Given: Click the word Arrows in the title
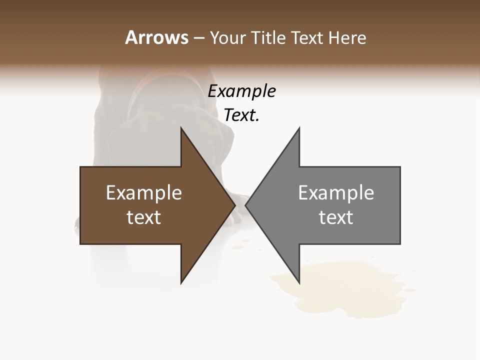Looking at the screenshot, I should tap(156, 37).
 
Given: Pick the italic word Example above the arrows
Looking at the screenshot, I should tap(241, 91).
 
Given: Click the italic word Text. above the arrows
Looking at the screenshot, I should tap(241, 115).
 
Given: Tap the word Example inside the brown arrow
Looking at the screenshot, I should tap(144, 193).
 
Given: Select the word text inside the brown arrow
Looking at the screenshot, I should tap(144, 217).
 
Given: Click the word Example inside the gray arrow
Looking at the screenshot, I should tap(336, 193).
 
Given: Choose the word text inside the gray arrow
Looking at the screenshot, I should tap(336, 217).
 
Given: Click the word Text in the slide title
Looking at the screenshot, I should tap(307, 37).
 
